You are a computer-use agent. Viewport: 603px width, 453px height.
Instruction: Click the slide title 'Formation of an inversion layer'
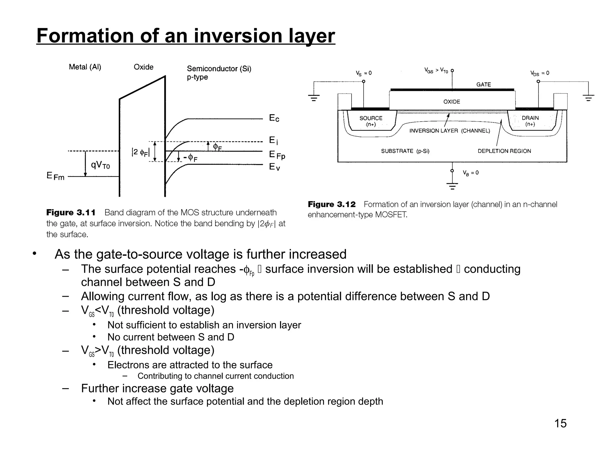coord(185,36)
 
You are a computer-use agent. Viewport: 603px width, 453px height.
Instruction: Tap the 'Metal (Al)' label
coord(85,67)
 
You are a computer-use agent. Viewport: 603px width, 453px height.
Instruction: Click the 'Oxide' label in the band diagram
coord(143,67)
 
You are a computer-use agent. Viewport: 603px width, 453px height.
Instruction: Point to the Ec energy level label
coord(274,118)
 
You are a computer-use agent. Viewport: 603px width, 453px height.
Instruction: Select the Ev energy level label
coord(274,167)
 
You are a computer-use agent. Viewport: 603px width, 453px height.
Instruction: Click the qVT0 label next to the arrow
coord(100,165)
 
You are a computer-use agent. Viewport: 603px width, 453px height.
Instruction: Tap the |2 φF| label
coord(140,152)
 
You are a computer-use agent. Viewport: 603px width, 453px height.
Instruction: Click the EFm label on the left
coord(55,176)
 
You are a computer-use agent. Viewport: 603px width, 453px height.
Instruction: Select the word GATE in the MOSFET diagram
coord(483,85)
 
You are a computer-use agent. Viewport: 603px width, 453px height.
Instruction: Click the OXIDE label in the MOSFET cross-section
coord(452,102)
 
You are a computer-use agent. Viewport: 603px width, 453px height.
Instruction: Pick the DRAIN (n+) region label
coord(530,121)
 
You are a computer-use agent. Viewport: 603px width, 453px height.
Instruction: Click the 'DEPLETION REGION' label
coord(504,151)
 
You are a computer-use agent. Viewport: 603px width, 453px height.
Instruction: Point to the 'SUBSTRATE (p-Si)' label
coord(405,151)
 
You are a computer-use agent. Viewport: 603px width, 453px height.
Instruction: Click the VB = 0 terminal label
coord(471,173)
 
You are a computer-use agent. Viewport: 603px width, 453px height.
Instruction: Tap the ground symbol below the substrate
coord(452,186)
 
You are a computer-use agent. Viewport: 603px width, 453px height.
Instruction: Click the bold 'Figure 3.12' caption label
coord(332,204)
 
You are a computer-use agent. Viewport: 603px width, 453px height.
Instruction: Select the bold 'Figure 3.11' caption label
coord(71,213)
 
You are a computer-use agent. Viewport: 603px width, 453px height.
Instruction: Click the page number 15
coord(560,423)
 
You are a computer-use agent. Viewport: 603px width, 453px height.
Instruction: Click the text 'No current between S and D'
coord(171,337)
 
